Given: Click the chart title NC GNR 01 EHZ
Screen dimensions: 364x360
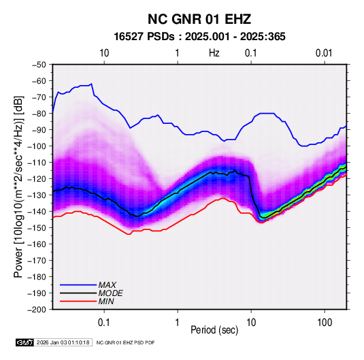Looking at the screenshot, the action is pos(199,19).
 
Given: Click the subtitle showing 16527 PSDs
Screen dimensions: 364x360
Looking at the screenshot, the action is pos(199,37).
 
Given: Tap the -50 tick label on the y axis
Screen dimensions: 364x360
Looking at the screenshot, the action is pos(39,65).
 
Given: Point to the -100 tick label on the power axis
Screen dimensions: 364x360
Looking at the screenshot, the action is pos(37,146).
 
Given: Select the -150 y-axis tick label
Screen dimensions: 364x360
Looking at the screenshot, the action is pos(37,228).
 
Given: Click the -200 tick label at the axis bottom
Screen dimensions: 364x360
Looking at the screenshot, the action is pos(37,310).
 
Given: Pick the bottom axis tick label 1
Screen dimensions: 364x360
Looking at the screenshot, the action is pos(178,323).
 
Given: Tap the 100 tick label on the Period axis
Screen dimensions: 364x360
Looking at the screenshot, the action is pos(325,323).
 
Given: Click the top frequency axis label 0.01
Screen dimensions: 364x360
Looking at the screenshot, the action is pos(324,53).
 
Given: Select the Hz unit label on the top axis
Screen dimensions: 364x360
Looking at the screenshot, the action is pos(214,53).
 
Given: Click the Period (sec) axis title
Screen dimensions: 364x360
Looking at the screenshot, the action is pos(214,330).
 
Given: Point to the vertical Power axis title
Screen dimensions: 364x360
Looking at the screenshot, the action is pos(18,187).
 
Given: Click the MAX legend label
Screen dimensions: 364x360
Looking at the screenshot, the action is pos(107,285).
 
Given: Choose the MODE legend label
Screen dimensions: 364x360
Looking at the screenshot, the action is pos(110,293).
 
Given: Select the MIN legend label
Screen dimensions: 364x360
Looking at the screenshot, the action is pos(106,301).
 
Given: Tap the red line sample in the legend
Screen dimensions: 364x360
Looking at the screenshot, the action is pos(78,301).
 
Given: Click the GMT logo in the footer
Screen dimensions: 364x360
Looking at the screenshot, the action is pos(25,342).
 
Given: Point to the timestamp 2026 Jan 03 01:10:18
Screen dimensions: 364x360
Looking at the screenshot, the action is pos(63,342).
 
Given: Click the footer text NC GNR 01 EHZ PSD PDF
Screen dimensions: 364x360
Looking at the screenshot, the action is pos(125,342).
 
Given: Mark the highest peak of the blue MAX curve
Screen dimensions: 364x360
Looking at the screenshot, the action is pos(91,84).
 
